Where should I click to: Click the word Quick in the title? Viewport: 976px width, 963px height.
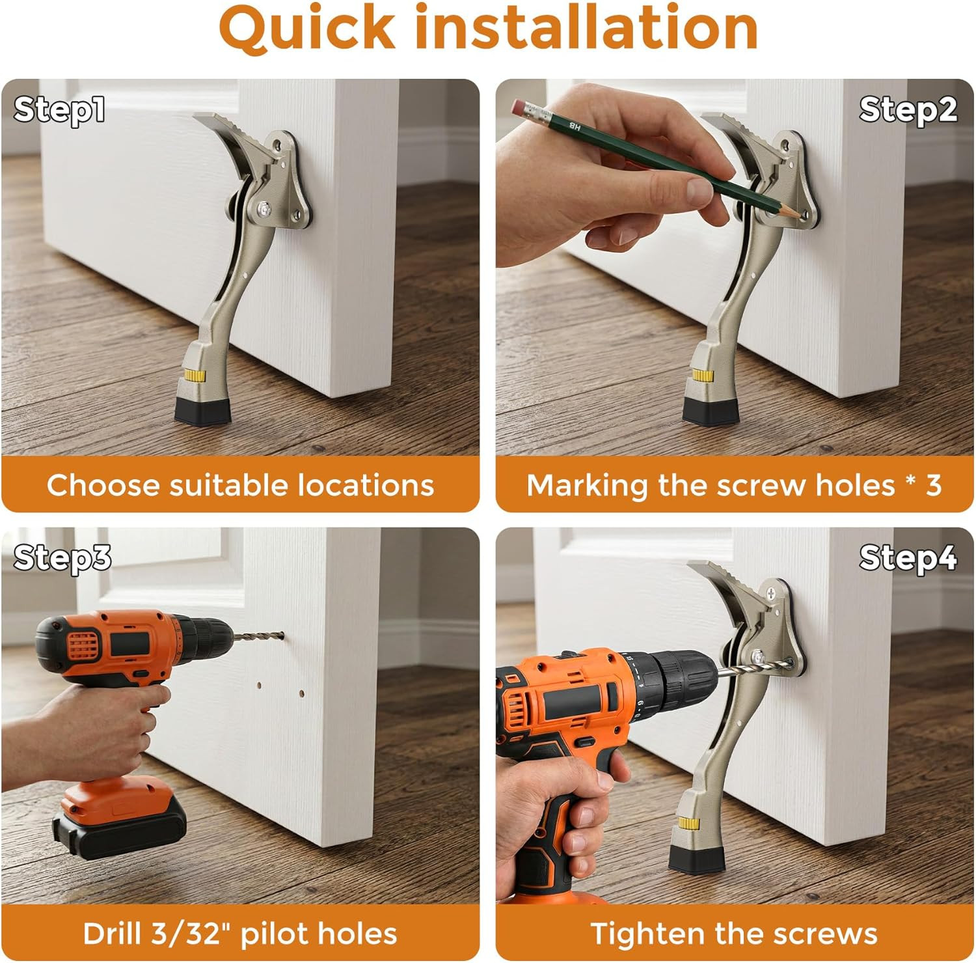click(306, 27)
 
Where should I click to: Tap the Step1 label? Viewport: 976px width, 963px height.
click(59, 109)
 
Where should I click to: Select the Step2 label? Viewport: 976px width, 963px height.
click(908, 109)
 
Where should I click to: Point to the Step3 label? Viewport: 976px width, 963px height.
click(62, 558)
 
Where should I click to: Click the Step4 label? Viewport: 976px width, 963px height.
click(908, 558)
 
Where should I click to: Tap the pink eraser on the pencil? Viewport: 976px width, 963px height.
click(521, 107)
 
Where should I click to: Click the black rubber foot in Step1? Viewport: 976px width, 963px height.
click(202, 411)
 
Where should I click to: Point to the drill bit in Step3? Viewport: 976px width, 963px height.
click(258, 635)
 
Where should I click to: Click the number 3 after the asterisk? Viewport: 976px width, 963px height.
click(934, 485)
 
